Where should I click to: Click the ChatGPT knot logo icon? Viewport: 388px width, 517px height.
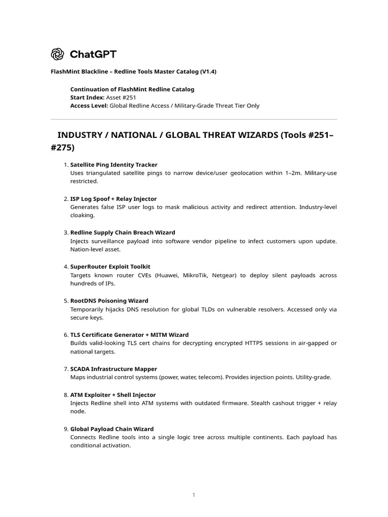click(x=57, y=54)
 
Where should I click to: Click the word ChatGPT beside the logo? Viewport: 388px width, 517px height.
click(x=93, y=54)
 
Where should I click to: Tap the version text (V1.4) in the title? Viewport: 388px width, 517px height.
click(x=208, y=72)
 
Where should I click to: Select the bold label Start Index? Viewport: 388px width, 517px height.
click(x=87, y=97)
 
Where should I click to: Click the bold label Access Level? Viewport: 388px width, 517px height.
click(x=89, y=106)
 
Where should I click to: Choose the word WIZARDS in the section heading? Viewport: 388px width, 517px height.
click(x=246, y=135)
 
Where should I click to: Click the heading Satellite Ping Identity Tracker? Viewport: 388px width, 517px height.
click(x=114, y=165)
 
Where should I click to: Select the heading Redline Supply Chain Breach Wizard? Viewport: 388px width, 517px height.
click(x=123, y=233)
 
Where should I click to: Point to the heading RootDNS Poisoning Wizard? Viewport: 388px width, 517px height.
click(x=109, y=301)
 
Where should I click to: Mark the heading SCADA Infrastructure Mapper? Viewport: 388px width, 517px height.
click(x=114, y=369)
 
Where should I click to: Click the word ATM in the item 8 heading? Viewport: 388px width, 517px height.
click(x=76, y=395)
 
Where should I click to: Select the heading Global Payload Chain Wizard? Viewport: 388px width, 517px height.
click(x=112, y=429)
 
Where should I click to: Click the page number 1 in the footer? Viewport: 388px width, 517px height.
click(x=193, y=495)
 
